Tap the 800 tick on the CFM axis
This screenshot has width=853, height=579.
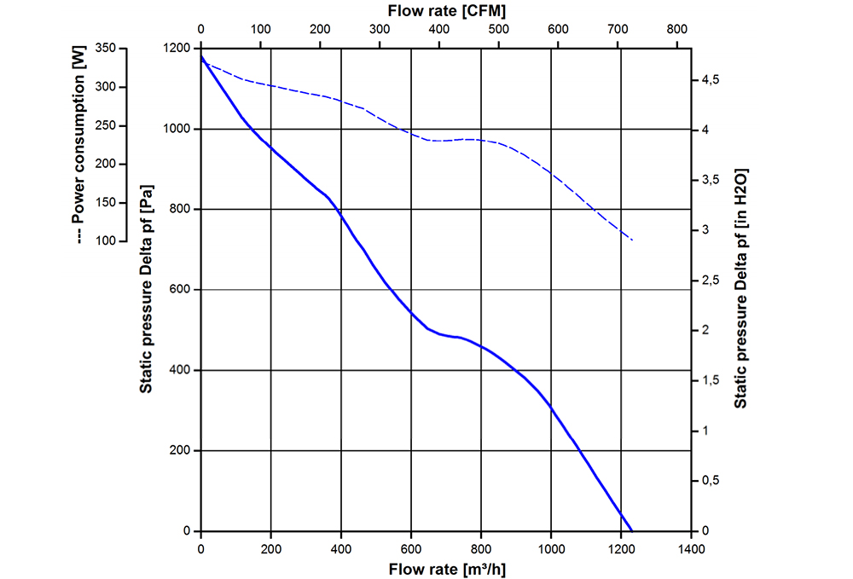tap(676, 31)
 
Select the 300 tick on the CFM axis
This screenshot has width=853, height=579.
tap(379, 31)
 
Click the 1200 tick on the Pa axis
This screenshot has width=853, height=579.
tap(177, 49)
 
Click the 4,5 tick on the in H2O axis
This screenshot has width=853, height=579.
tap(711, 79)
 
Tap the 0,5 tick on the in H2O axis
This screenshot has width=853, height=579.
tap(711, 481)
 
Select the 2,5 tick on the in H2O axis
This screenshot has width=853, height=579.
tap(711, 281)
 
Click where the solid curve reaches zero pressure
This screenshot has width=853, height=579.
tap(632, 530)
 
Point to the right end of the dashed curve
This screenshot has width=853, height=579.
tap(632, 240)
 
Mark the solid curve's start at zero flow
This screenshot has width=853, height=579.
tap(201, 56)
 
